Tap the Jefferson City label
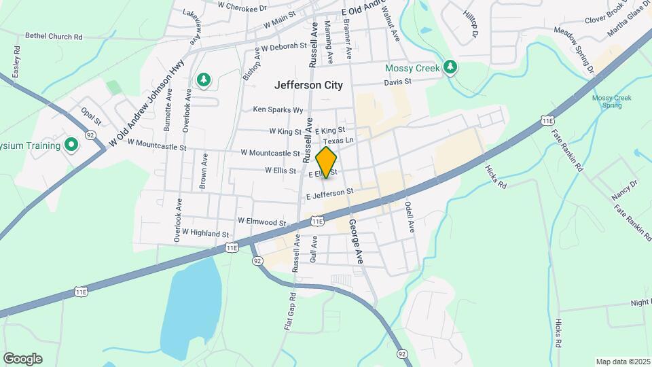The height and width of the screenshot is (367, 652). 309,86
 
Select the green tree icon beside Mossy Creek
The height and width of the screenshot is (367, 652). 449,67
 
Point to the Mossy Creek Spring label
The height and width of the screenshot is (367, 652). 611,102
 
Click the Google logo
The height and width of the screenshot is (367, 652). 22,358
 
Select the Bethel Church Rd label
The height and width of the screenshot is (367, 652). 54,36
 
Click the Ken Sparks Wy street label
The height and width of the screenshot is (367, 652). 278,109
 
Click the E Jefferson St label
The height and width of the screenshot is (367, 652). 330,194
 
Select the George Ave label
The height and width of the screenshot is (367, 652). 356,241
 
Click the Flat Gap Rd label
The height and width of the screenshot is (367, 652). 290,311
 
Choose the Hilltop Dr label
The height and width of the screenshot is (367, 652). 470,24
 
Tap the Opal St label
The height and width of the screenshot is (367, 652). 91,116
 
